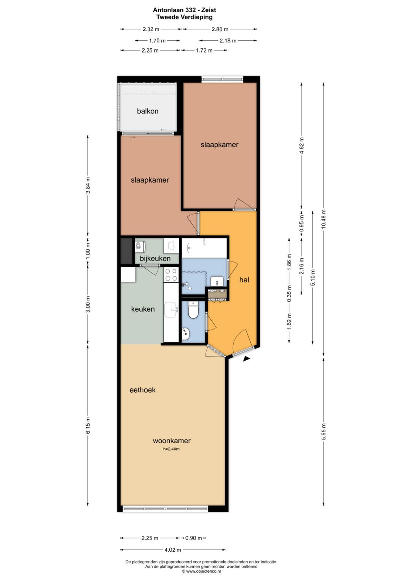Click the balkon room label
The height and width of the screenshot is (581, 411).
tap(148, 111)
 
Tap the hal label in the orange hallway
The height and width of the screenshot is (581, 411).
tap(244, 280)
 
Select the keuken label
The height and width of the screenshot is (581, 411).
tap(143, 309)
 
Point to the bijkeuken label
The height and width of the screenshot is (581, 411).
tap(155, 258)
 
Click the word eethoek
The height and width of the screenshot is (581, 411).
tap(142, 390)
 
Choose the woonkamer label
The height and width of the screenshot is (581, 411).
tap(172, 441)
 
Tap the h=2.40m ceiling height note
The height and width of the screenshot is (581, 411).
tap(171, 449)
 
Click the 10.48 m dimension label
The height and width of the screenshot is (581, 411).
tap(323, 219)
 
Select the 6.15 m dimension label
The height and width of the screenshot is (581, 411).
tap(88, 425)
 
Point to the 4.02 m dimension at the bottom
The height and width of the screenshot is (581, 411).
tap(173, 550)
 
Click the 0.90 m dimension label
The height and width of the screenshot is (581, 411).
tap(194, 538)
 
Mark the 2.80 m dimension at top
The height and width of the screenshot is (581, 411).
tap(220, 29)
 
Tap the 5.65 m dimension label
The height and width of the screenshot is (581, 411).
tap(323, 431)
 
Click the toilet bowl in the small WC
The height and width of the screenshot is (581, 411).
tap(193, 310)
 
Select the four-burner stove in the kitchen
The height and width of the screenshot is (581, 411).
tap(171, 275)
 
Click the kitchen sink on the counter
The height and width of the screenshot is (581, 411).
tap(171, 310)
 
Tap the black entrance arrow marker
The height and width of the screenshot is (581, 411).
tap(247, 359)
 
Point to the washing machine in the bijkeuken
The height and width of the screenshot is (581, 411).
tap(140, 246)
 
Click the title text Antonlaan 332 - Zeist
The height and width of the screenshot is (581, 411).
tap(185, 10)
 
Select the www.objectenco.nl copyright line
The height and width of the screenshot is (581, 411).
tap(201, 571)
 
